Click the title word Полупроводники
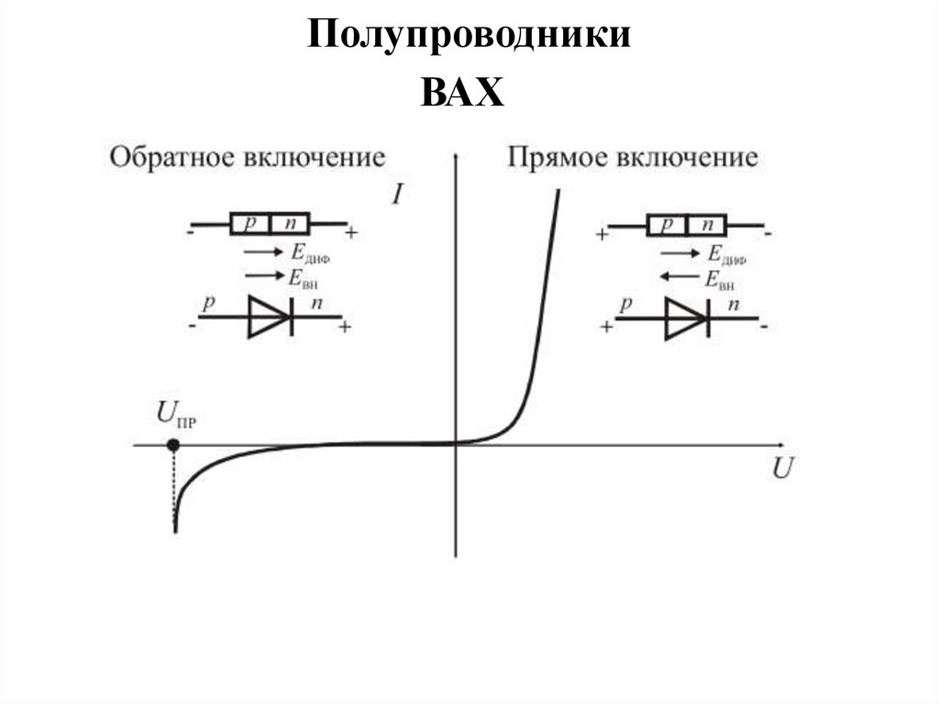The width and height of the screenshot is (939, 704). [469, 36]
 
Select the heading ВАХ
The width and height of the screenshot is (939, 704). [463, 93]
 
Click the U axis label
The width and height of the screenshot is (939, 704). [782, 469]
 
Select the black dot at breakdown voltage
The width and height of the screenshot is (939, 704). [172, 445]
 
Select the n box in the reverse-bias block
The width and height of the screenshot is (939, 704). [290, 223]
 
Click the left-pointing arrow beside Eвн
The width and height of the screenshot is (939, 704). [679, 276]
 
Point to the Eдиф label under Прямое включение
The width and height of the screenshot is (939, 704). [725, 255]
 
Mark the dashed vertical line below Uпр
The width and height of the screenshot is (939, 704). [173, 486]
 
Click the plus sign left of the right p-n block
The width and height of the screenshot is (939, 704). [602, 234]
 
